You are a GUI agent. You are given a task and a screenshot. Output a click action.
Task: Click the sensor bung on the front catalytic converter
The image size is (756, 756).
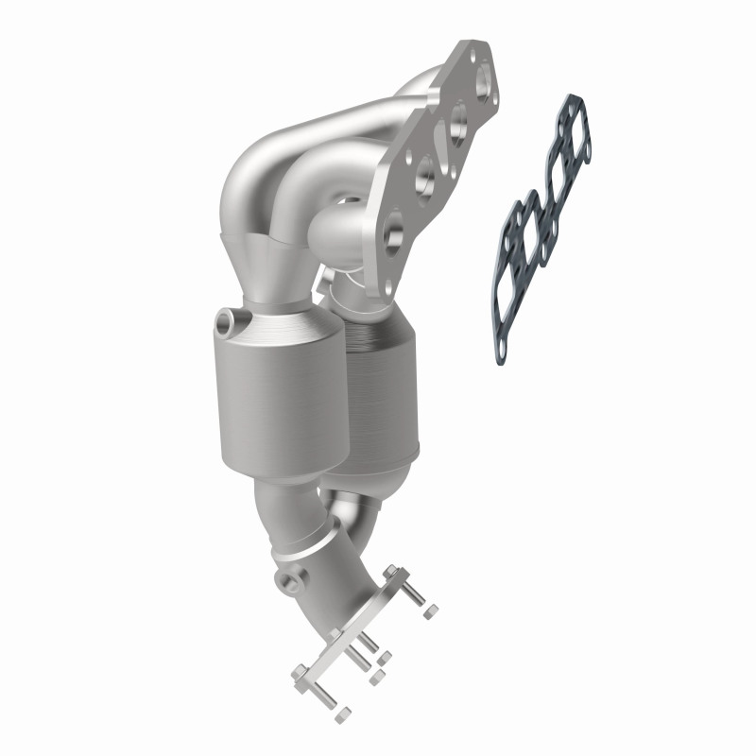(x=226, y=322)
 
